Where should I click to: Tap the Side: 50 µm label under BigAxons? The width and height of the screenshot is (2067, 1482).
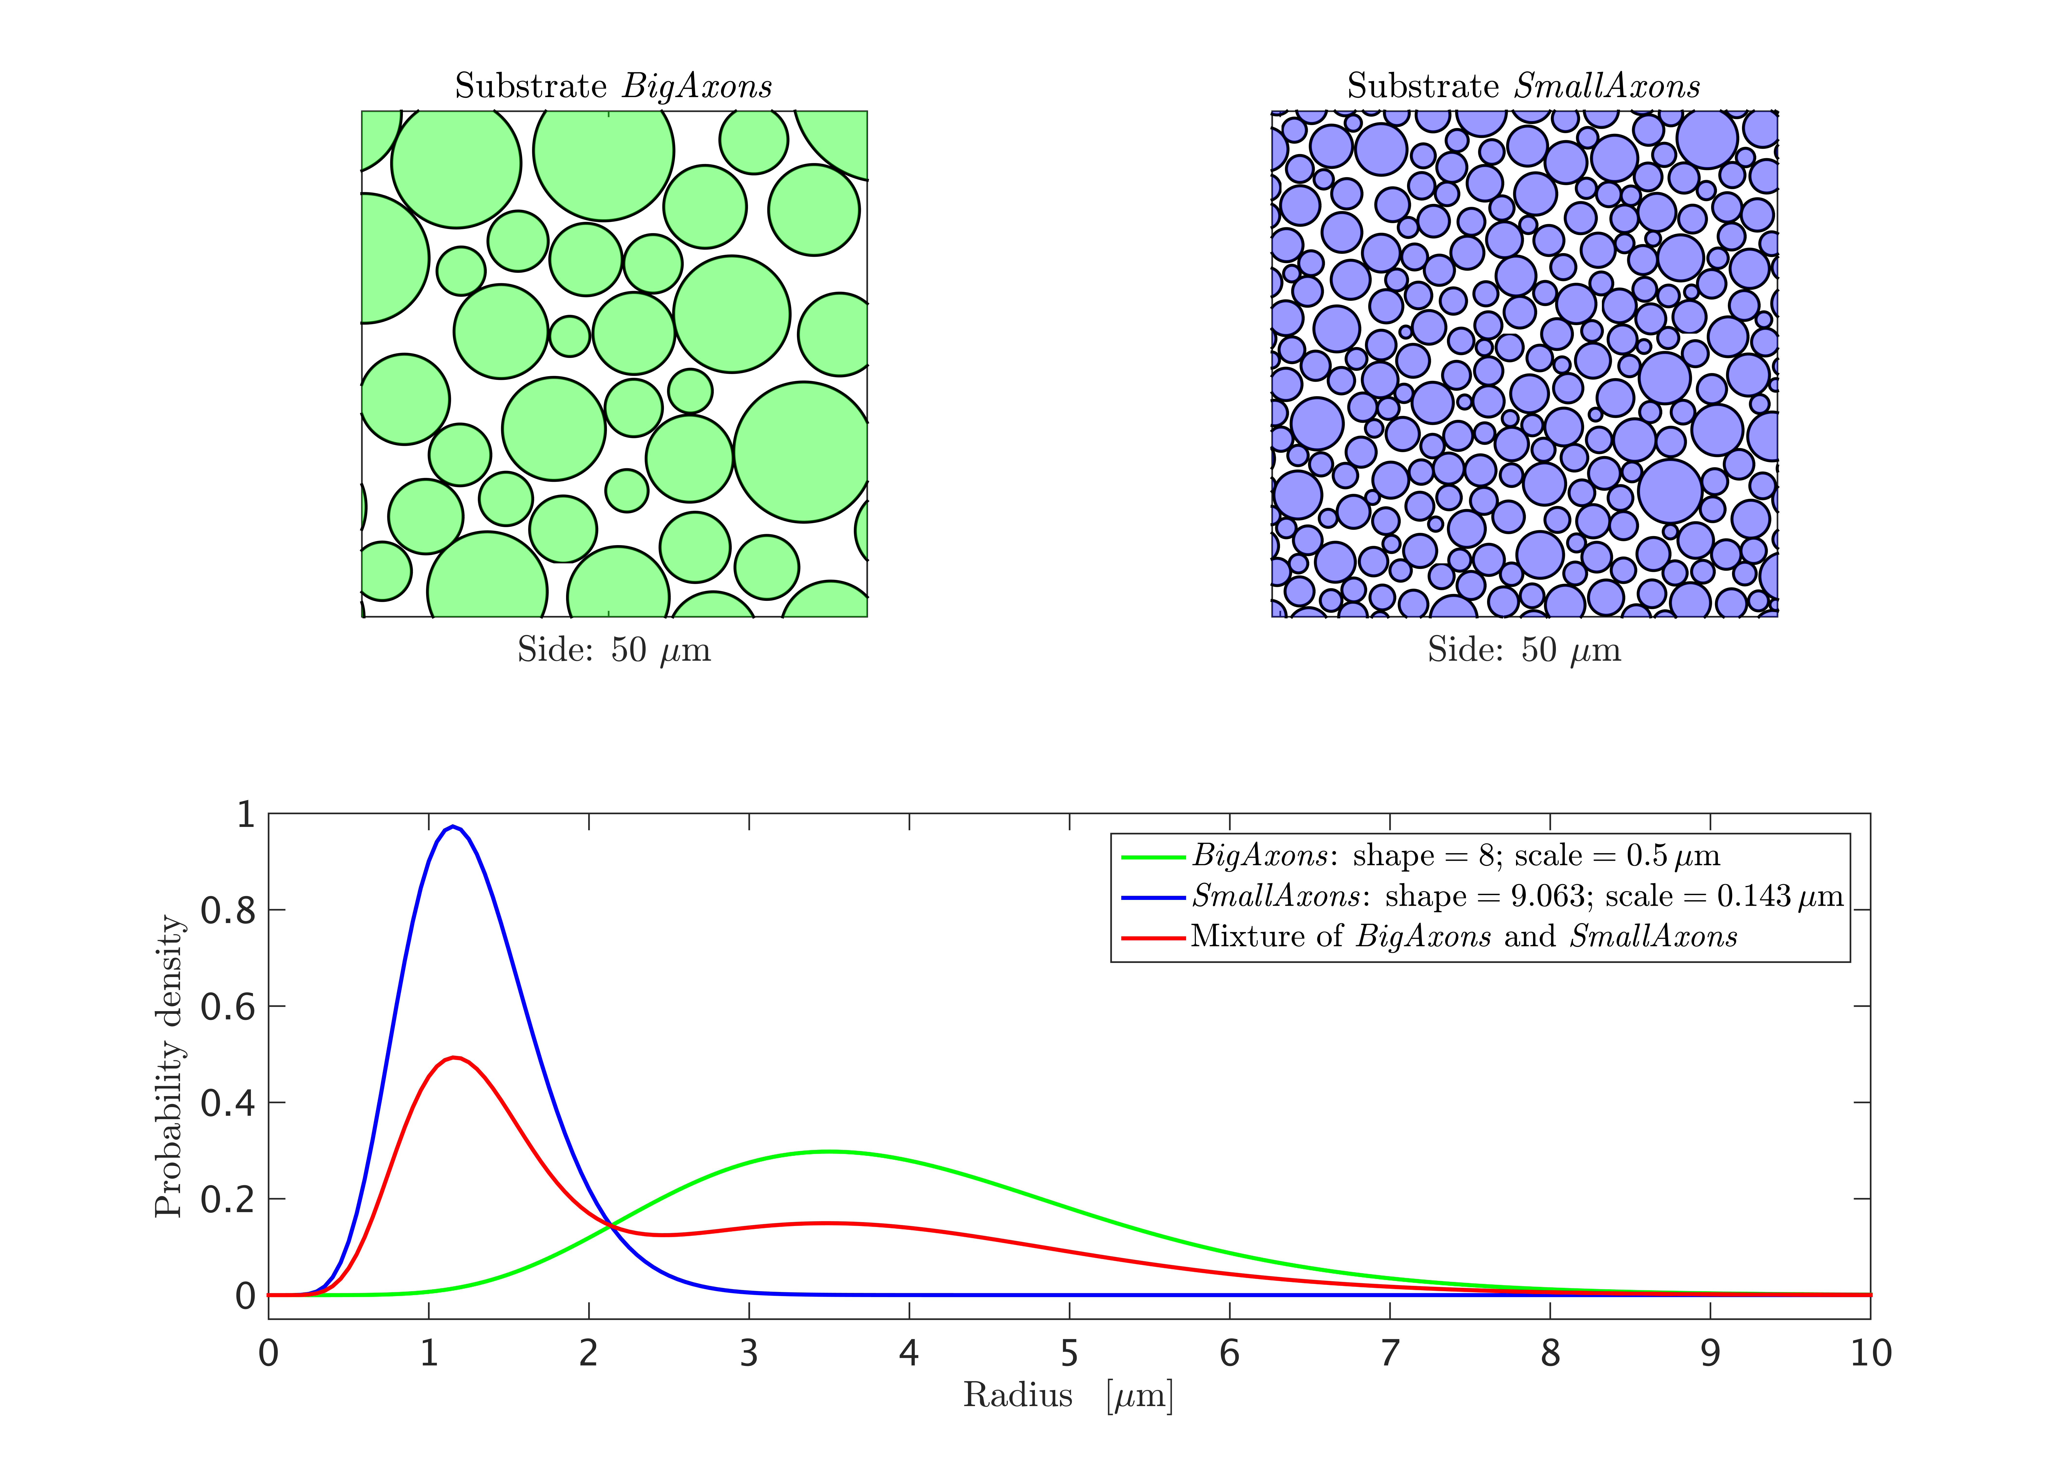[x=613, y=650]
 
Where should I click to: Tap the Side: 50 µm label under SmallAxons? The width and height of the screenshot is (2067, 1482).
[x=1524, y=650]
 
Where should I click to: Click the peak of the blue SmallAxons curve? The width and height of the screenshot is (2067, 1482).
[x=453, y=827]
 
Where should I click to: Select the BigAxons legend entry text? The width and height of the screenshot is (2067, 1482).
[x=1455, y=856]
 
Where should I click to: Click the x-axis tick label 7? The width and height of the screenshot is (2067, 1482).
[x=1390, y=1354]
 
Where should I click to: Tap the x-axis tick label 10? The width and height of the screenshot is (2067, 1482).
[x=1870, y=1354]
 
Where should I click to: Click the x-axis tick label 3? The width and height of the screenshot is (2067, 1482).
[x=749, y=1354]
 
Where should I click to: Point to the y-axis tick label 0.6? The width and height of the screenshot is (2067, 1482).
[x=228, y=1006]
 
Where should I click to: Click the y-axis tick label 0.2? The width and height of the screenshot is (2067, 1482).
[x=228, y=1198]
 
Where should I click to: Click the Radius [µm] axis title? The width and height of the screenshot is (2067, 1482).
[x=1068, y=1395]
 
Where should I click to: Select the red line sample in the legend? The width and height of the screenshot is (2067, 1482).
[x=1153, y=937]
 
